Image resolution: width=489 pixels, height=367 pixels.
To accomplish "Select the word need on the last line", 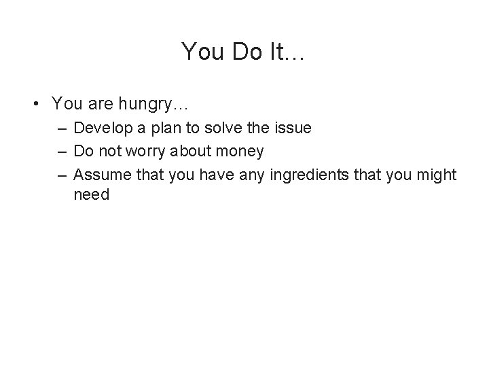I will pyautogui.click(x=91, y=196).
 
